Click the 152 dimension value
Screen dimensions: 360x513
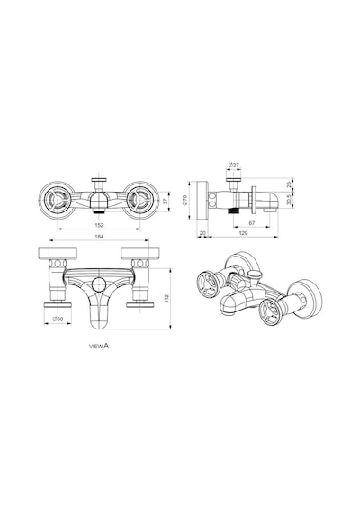99,225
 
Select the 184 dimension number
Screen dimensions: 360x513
99,237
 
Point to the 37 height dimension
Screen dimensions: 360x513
166,202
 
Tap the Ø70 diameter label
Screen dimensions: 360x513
184,200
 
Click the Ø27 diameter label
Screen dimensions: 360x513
234,166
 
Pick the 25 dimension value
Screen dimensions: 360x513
288,184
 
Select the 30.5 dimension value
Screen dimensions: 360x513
288,200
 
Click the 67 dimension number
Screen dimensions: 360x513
252,223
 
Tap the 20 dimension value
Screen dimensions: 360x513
202,233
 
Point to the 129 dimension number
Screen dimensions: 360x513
243,233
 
